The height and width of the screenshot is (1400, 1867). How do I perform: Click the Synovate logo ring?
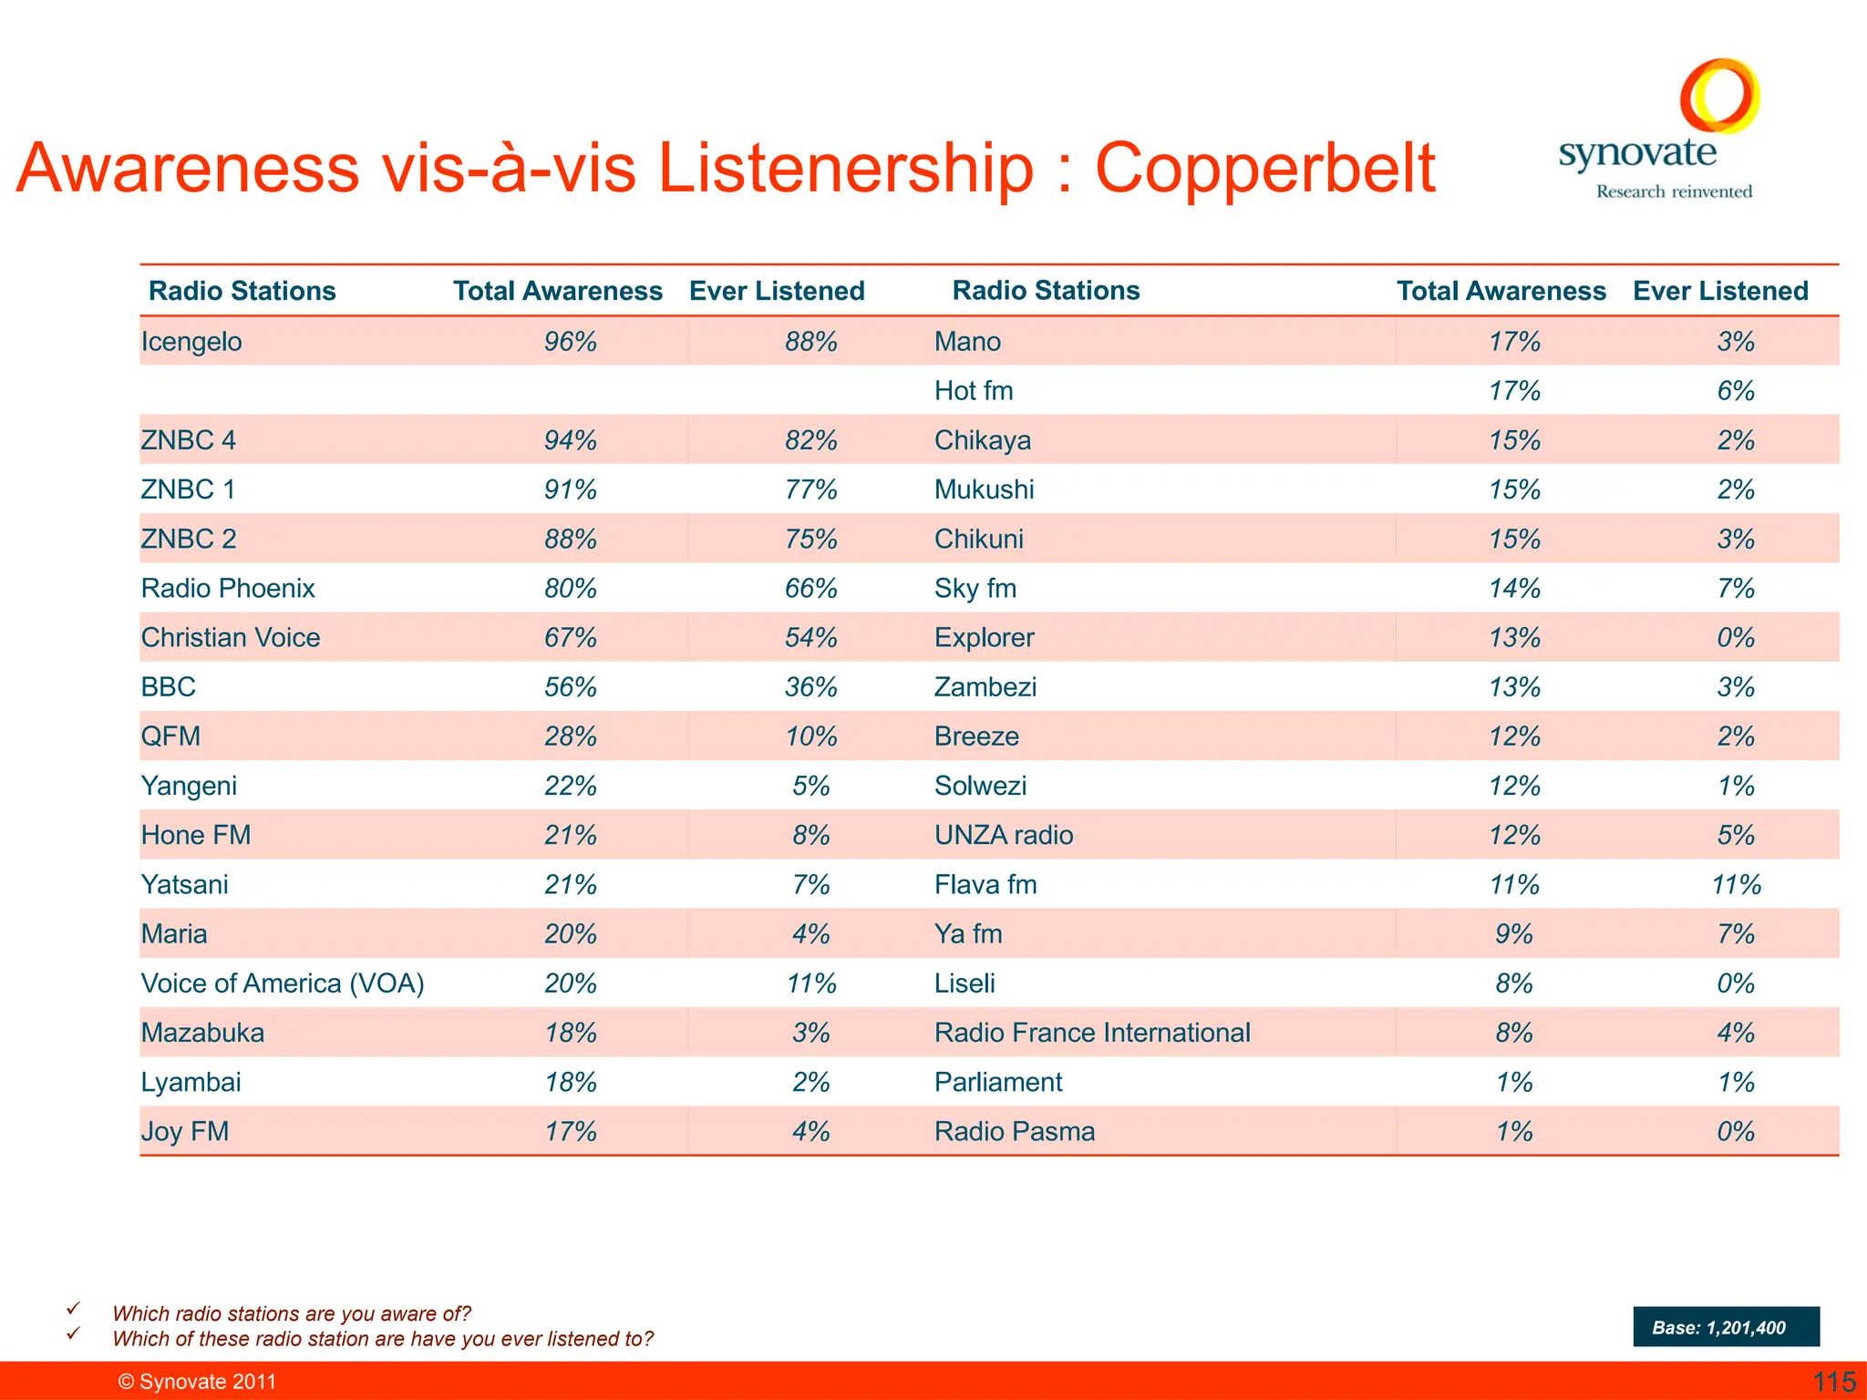click(1719, 95)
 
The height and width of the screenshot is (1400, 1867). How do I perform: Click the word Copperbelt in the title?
click(1264, 169)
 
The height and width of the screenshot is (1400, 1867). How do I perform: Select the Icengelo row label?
click(191, 342)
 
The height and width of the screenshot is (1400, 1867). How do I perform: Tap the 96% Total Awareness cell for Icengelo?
click(571, 342)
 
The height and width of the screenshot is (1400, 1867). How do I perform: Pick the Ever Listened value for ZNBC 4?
click(810, 440)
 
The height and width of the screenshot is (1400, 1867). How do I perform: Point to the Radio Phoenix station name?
click(228, 589)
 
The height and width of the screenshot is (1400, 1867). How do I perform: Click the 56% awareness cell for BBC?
click(571, 687)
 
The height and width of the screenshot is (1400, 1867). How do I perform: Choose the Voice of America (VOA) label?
click(283, 983)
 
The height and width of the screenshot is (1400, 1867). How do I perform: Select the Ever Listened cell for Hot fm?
click(1736, 391)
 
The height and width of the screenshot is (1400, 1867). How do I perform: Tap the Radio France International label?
click(1092, 1033)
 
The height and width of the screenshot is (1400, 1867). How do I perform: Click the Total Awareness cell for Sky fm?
click(1514, 589)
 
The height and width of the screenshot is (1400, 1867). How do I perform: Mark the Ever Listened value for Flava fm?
click(1736, 885)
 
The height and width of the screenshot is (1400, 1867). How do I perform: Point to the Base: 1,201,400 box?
click(1726, 1327)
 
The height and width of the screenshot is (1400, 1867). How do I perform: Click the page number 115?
click(1834, 1382)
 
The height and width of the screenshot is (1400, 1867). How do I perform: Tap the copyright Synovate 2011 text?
click(197, 1382)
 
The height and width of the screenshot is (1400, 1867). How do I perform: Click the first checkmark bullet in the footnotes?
click(74, 1309)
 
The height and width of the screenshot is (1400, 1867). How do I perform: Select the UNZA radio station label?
click(1004, 836)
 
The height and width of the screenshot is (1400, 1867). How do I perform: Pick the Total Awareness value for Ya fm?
click(1514, 934)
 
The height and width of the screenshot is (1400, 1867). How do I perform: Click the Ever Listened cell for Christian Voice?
click(810, 638)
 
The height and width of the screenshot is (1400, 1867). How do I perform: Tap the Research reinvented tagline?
click(1674, 191)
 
